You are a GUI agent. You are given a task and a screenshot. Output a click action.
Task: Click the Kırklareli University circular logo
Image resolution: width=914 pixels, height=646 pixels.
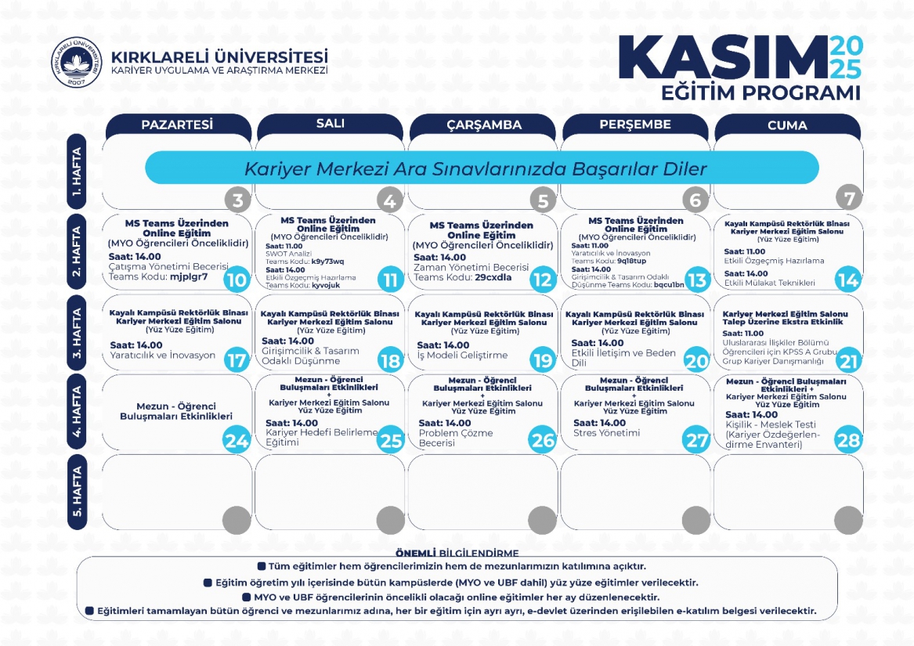tap(76, 63)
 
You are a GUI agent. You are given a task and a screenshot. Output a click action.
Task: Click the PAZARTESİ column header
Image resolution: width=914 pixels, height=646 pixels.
tap(177, 125)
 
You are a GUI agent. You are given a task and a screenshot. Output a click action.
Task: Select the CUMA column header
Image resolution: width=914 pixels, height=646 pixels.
tap(787, 125)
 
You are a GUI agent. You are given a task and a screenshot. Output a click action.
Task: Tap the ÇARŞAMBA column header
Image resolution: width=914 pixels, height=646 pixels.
tap(484, 125)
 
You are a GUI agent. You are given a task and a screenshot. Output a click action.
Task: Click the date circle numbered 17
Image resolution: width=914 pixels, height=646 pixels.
tap(236, 360)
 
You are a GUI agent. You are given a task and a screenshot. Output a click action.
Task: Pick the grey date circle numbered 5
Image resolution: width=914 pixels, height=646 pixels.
tap(542, 200)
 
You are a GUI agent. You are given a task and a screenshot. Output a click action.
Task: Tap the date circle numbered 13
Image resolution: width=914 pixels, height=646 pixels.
tap(695, 280)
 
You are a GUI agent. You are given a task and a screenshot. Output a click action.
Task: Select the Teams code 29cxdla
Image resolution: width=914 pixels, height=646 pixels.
tap(493, 277)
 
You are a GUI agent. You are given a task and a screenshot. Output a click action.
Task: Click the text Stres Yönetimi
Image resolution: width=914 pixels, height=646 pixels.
tap(606, 432)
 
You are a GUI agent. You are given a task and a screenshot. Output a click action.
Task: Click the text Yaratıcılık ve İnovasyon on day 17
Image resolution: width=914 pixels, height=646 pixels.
tap(162, 355)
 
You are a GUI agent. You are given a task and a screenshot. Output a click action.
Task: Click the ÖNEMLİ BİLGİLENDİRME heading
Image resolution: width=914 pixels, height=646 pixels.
tap(457, 553)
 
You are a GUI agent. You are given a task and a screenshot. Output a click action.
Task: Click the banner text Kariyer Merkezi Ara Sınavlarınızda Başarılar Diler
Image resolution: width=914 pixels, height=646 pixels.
tap(475, 168)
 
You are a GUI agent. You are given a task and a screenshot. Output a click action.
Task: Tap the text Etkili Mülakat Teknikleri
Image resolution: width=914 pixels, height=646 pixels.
tap(769, 283)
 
